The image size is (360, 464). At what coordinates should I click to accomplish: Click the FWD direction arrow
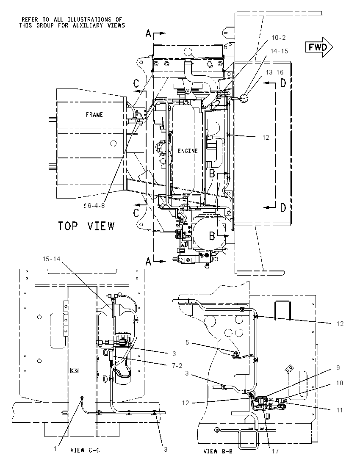(x=319, y=47)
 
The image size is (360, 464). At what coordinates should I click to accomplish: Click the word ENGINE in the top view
(x=188, y=151)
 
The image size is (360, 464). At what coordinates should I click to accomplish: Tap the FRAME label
(x=94, y=115)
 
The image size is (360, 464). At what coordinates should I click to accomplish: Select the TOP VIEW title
(x=86, y=226)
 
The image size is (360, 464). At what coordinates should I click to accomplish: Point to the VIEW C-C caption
(x=85, y=450)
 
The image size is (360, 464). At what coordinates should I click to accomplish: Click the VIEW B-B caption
(x=218, y=452)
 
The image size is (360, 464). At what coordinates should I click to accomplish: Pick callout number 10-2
(x=279, y=38)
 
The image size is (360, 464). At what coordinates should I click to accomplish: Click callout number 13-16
(x=274, y=72)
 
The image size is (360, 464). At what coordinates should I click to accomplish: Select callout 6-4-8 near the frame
(x=96, y=205)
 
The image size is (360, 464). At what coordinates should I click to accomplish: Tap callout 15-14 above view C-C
(x=51, y=259)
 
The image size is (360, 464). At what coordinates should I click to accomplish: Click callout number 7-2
(x=177, y=366)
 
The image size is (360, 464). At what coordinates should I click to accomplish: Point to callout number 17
(x=275, y=451)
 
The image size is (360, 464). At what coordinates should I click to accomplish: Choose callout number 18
(x=340, y=383)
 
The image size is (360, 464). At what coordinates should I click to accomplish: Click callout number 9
(x=338, y=368)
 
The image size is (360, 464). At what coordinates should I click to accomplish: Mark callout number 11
(x=340, y=410)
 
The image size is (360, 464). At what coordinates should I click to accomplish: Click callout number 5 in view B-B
(x=187, y=342)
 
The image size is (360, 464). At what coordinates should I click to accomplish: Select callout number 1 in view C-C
(x=55, y=449)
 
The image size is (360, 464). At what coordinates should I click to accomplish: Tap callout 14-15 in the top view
(x=279, y=51)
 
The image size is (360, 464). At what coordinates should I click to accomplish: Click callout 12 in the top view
(x=266, y=137)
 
